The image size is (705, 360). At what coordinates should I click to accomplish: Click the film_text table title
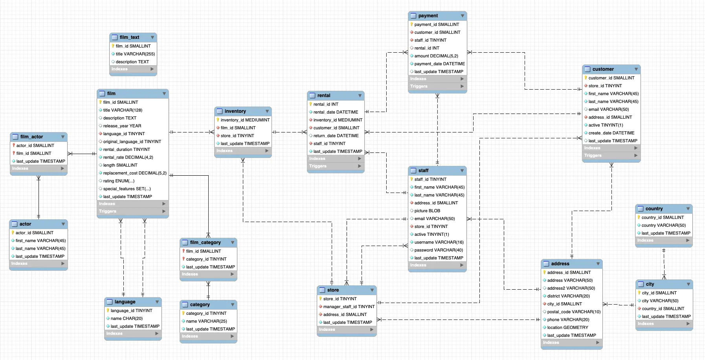[129, 37]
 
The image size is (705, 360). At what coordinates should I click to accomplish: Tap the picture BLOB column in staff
[427, 211]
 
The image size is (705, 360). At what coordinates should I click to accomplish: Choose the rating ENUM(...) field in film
[119, 181]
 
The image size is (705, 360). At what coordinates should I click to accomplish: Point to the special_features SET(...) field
[127, 189]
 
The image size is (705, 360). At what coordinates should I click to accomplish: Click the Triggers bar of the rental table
[336, 166]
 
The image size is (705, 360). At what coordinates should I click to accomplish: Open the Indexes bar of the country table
[664, 240]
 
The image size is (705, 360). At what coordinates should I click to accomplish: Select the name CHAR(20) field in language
[127, 318]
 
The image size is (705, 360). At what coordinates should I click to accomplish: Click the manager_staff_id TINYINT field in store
[349, 307]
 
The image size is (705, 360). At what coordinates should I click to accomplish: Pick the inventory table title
[235, 111]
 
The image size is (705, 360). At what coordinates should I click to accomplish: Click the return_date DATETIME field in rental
[336, 136]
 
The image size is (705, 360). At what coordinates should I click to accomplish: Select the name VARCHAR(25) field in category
[206, 321]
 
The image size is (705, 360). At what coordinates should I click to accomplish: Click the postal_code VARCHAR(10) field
[574, 312]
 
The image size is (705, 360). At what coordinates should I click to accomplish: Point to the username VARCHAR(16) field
[439, 242]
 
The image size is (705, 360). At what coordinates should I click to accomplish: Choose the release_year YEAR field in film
[122, 126]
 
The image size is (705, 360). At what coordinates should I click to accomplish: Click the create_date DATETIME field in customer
[611, 133]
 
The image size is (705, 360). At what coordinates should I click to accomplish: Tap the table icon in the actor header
[15, 224]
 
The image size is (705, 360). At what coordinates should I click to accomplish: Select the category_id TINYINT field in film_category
[206, 259]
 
